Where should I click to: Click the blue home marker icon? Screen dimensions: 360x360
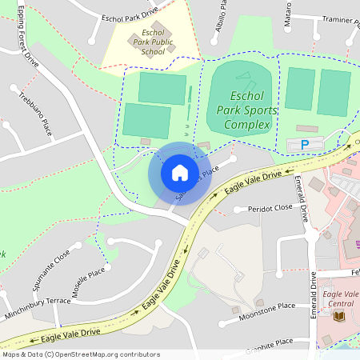(x=180, y=173)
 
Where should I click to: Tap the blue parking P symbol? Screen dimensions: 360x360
(x=304, y=144)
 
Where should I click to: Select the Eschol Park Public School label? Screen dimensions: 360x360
(x=152, y=40)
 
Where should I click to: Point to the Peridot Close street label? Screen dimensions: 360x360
(x=270, y=207)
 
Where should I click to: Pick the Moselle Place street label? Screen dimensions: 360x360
(x=88, y=283)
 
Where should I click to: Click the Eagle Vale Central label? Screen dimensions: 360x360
(x=342, y=299)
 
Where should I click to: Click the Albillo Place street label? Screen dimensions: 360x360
(x=222, y=14)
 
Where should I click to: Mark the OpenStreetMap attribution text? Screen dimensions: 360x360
(x=80, y=354)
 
